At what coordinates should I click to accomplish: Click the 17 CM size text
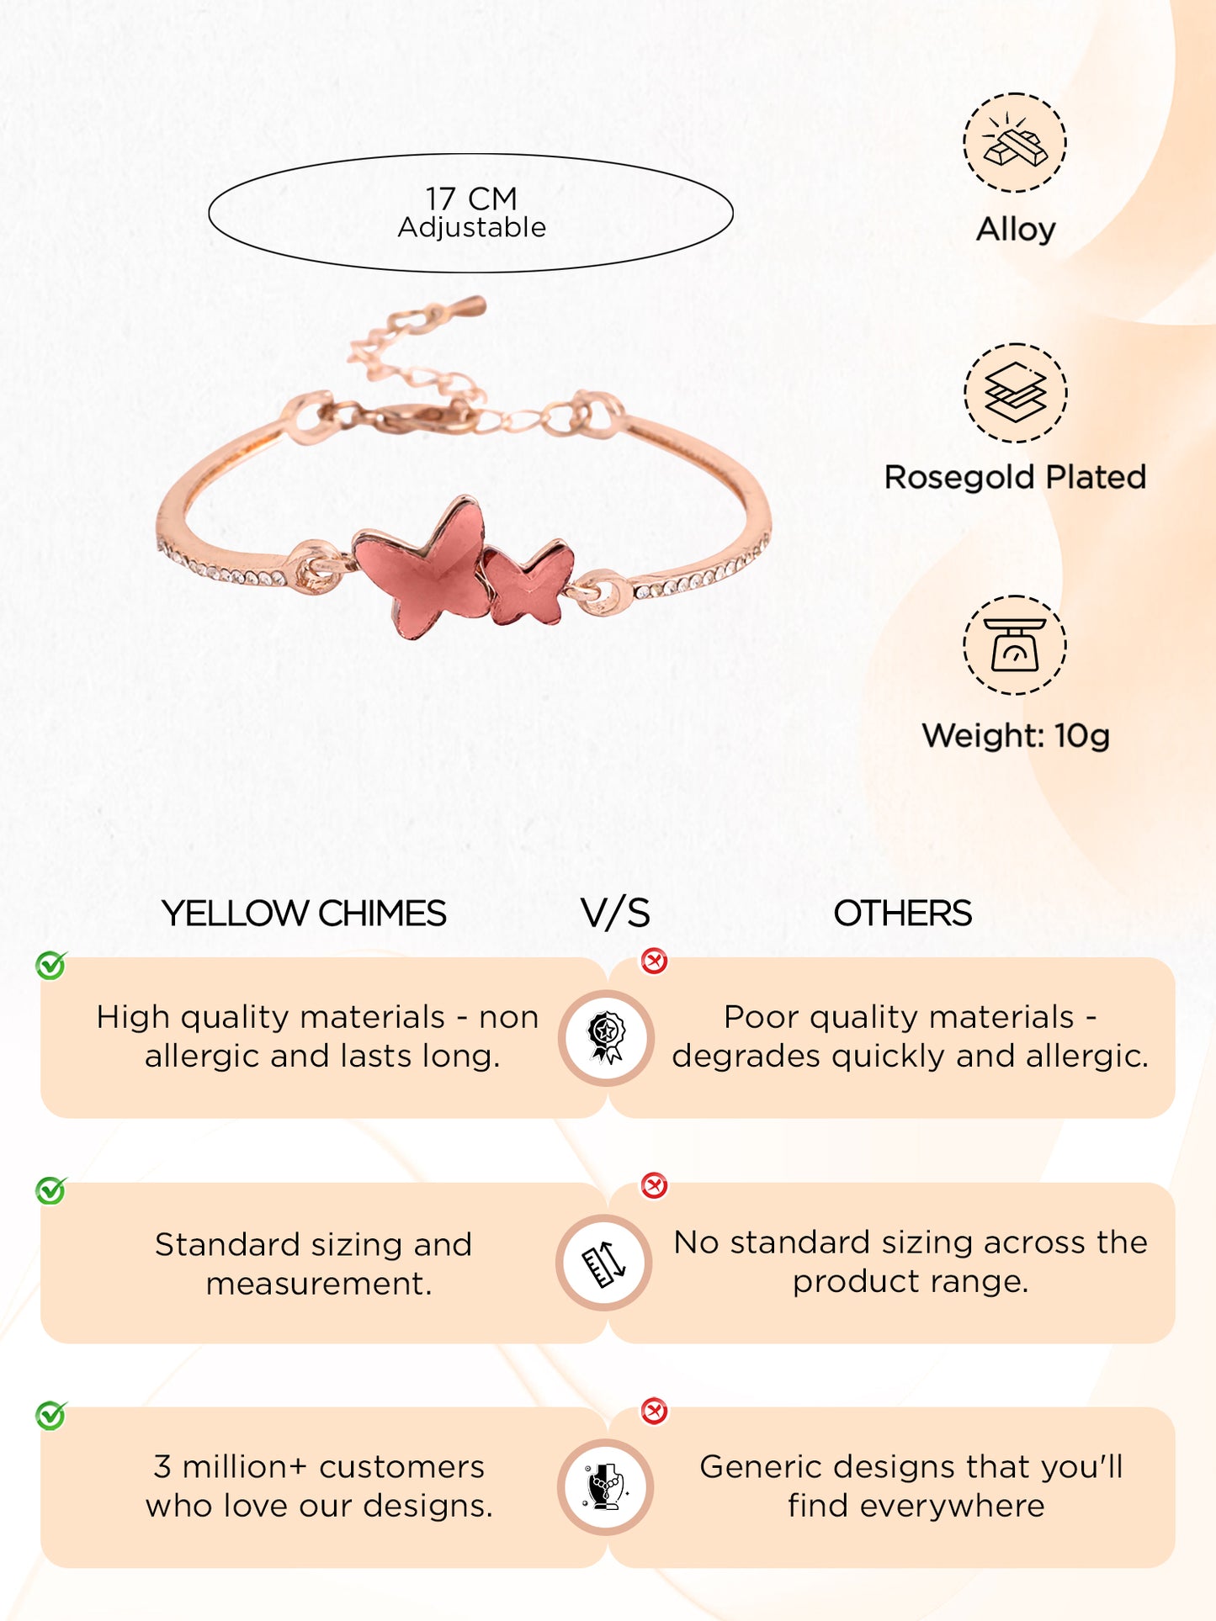(x=470, y=199)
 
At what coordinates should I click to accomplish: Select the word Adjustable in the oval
(x=471, y=227)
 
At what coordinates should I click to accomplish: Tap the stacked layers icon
(x=1015, y=393)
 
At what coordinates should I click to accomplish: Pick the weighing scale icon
(x=1015, y=645)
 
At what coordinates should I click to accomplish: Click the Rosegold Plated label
(x=1015, y=477)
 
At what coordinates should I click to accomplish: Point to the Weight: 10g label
(x=1016, y=735)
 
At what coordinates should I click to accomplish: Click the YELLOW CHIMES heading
(x=304, y=914)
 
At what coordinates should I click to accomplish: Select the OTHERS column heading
(x=902, y=914)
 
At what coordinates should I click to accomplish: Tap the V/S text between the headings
(x=615, y=914)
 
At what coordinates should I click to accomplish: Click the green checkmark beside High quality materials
(x=50, y=965)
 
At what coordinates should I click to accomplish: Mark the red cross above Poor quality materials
(x=654, y=961)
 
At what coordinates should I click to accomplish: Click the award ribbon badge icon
(x=606, y=1037)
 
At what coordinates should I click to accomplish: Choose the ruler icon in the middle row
(x=604, y=1263)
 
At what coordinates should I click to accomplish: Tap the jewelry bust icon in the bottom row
(x=606, y=1486)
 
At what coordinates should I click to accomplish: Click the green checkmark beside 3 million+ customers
(x=50, y=1415)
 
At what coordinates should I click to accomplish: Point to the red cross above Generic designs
(x=654, y=1411)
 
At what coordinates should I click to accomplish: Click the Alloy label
(x=1016, y=229)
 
